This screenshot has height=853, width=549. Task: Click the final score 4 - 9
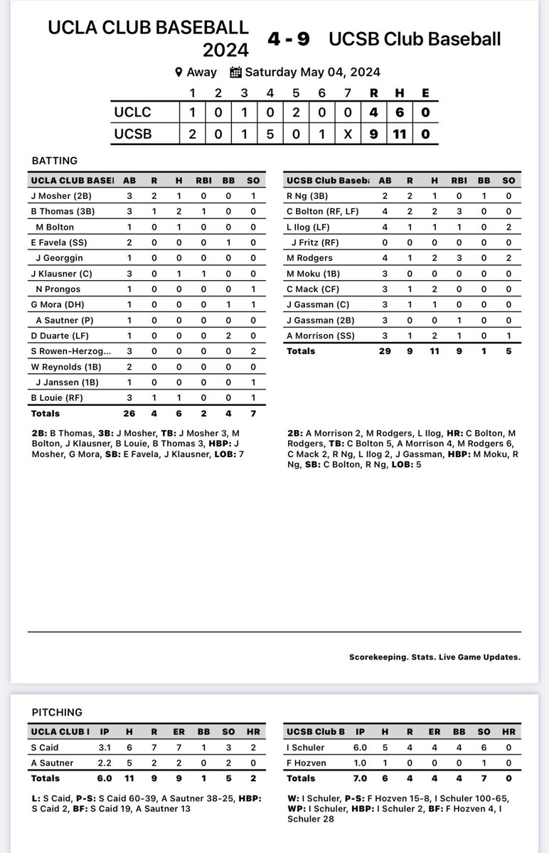coord(288,39)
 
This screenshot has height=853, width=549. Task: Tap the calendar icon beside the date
coord(236,72)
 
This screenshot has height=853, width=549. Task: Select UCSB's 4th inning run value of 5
coord(270,133)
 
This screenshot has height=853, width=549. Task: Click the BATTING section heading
coord(55,161)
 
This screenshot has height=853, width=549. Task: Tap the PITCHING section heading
coord(57,712)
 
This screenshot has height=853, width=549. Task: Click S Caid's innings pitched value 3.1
coord(104,748)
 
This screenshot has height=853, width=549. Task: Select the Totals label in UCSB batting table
coord(301,351)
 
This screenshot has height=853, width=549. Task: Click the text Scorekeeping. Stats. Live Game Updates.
coord(435,657)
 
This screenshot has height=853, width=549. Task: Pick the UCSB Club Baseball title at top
coord(415,39)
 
